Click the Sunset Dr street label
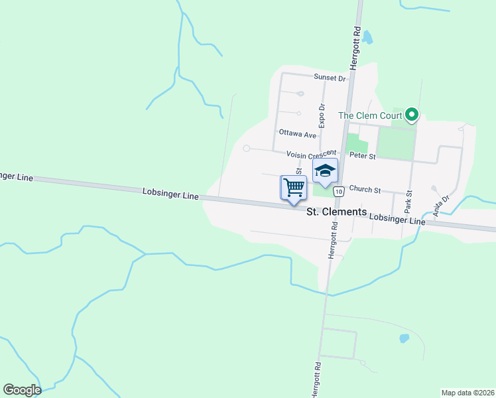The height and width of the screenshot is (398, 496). tap(330, 78)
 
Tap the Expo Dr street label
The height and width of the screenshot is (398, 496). tap(322, 115)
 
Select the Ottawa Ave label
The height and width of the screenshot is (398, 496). tap(297, 133)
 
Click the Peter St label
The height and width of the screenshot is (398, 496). tap(363, 157)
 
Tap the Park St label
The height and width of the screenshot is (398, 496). tap(409, 202)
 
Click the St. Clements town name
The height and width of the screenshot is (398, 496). tap(337, 212)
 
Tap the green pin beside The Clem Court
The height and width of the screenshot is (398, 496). tap(412, 115)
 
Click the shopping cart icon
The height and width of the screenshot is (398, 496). tap(294, 188)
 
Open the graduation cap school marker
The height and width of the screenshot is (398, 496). tap(325, 170)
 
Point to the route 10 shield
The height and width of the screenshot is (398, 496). tap(339, 192)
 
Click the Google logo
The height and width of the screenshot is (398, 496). tap(22, 390)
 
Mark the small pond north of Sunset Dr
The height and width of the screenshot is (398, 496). tap(367, 38)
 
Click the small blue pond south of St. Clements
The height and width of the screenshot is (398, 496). tap(404, 338)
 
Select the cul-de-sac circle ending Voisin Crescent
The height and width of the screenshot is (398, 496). tap(247, 149)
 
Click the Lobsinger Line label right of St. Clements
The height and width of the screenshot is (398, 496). tap(397, 219)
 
